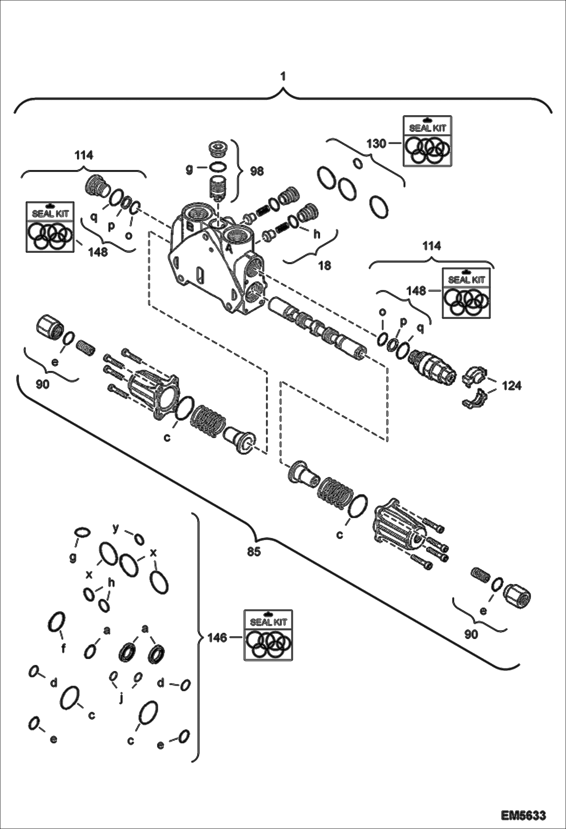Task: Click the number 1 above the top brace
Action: pyautogui.click(x=283, y=77)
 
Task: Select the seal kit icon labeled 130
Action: pyautogui.click(x=427, y=141)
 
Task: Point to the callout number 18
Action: pyautogui.click(x=324, y=266)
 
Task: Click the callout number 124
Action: pyautogui.click(x=512, y=386)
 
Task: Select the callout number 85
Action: pyautogui.click(x=254, y=552)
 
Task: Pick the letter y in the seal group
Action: pyautogui.click(x=116, y=528)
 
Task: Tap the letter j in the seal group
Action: pyautogui.click(x=121, y=699)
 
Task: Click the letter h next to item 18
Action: pyautogui.click(x=317, y=234)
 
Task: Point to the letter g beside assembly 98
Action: pyautogui.click(x=189, y=169)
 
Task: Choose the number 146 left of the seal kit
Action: pyautogui.click(x=217, y=638)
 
